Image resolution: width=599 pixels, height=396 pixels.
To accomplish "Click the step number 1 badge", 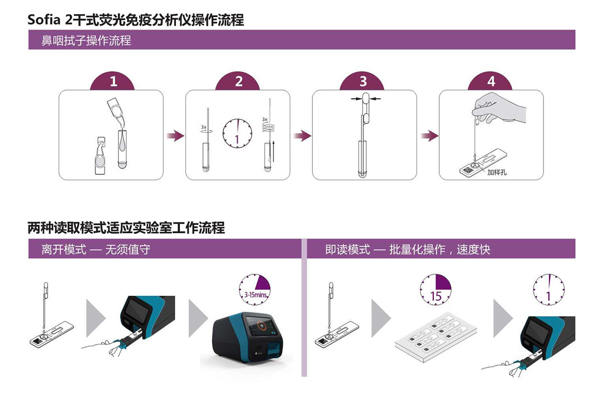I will coord(113,82).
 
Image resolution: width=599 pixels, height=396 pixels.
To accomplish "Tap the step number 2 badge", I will coord(239,82).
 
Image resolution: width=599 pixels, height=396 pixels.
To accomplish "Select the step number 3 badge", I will coord(363,82).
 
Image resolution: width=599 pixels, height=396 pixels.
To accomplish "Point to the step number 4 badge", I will coord(491,82).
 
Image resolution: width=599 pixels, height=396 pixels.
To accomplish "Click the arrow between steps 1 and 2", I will coord(174,136).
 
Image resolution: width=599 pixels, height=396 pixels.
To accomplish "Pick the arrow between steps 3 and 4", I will coord(428,136).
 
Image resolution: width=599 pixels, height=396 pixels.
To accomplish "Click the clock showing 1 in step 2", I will coord(237,133).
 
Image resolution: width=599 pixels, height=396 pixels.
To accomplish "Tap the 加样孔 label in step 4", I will coord(497,172).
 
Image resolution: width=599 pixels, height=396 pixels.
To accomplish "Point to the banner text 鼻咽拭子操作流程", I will coord(86,40).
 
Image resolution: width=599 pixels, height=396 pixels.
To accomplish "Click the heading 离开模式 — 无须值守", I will coord(95,250).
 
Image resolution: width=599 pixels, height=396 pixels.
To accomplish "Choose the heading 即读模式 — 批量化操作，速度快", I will coord(408,250).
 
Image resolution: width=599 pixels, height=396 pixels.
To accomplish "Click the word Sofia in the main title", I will coord(45,20).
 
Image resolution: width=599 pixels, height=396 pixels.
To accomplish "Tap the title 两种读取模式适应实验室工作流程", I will coord(126,228).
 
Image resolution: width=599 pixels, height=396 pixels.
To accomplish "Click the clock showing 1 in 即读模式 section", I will coord(549,290).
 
